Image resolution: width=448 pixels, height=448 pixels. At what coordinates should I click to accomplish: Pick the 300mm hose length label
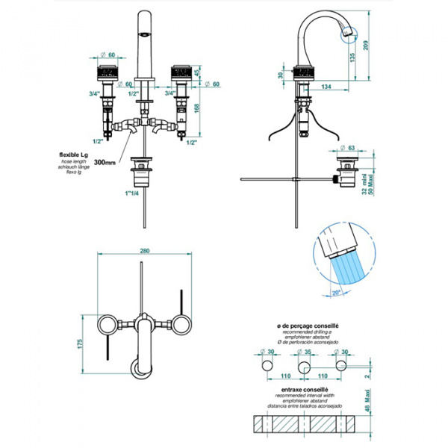107,161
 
